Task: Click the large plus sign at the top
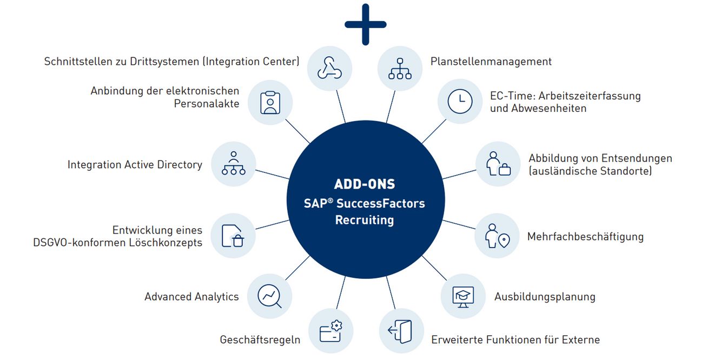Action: (x=366, y=24)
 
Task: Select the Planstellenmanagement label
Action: (x=491, y=62)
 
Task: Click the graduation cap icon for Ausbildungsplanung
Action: (x=463, y=296)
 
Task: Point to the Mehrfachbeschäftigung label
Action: (x=585, y=237)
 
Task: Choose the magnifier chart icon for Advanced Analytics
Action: (x=269, y=296)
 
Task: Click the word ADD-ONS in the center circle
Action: (x=365, y=184)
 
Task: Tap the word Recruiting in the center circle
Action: (x=365, y=221)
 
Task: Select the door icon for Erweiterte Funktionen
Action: (x=401, y=331)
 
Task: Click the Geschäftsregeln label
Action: (x=260, y=340)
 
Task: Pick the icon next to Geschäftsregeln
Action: (x=330, y=331)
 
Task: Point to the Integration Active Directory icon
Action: (x=233, y=164)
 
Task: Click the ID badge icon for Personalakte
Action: (x=270, y=102)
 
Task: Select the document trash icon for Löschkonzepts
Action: (x=233, y=236)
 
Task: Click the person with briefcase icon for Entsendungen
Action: (x=498, y=164)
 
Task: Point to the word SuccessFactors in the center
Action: (x=380, y=203)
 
